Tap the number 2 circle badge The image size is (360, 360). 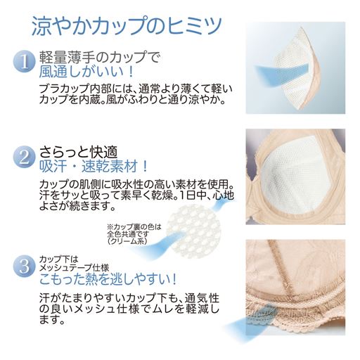click(x=23, y=156)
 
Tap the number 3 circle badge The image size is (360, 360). click(x=23, y=266)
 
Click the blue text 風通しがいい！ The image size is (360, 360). click(x=86, y=74)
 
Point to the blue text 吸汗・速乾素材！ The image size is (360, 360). click(x=96, y=167)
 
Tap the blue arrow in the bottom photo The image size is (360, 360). click(x=270, y=326)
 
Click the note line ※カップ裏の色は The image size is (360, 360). click(x=134, y=226)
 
